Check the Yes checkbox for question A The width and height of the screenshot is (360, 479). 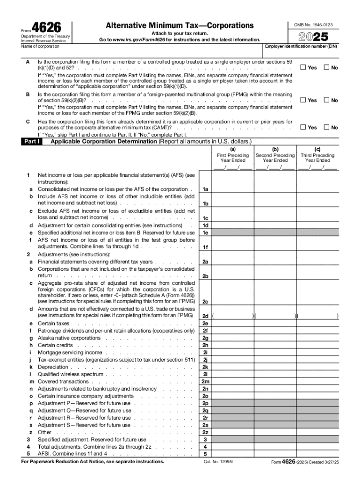coord(302,67)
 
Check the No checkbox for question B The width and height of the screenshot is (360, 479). coord(326,100)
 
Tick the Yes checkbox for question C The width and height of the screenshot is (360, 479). coord(302,127)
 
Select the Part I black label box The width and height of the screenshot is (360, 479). coord(31,141)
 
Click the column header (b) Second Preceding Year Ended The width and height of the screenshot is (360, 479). coord(275,158)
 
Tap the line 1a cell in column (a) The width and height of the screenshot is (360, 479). coord(232,189)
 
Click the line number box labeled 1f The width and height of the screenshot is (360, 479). coord(205,247)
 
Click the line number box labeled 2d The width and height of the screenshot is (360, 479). coord(205,316)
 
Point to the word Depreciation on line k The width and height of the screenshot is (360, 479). coord(53,367)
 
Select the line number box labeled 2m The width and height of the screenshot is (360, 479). coord(205,382)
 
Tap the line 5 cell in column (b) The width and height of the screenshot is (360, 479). coord(275,454)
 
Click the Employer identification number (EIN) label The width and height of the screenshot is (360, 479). coord(301,47)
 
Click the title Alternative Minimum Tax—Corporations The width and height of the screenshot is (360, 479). coord(180,25)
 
